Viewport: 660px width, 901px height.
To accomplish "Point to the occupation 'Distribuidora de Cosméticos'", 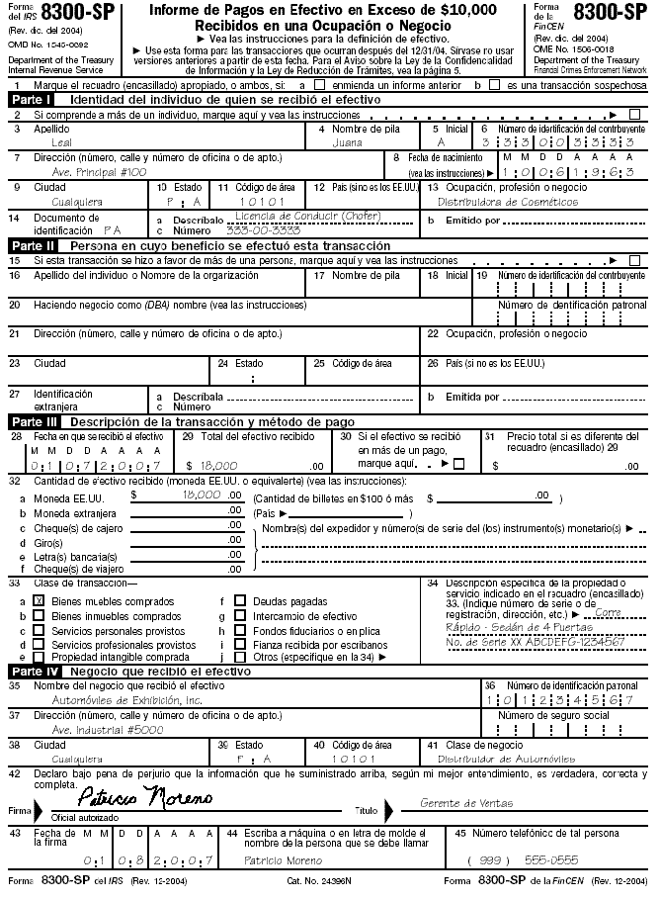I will coord(508,201).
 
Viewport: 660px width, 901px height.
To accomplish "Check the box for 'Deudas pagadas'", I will coord(240,600).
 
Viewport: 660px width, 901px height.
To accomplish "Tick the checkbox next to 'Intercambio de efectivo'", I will coord(240,615).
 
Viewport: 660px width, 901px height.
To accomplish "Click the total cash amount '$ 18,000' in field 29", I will coord(213,464).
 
